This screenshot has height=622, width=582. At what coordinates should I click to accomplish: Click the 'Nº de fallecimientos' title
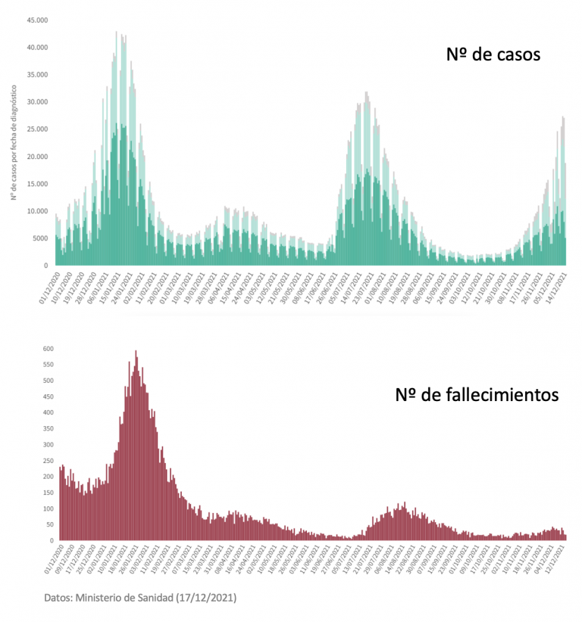477,395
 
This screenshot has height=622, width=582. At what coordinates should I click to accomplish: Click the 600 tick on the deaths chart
47,349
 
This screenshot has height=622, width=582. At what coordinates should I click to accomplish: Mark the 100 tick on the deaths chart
47,508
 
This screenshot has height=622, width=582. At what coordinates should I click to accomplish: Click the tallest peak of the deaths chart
136,352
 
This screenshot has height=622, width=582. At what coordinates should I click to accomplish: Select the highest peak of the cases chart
116,33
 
